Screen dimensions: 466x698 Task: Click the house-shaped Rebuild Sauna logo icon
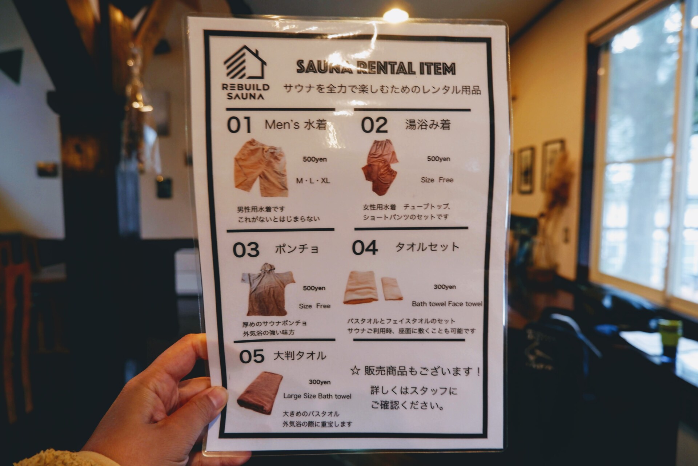click(x=244, y=63)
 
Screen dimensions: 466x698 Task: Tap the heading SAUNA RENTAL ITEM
click(x=376, y=68)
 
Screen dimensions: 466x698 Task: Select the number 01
click(x=239, y=125)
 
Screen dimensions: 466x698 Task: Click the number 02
click(x=374, y=125)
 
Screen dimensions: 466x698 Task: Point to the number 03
click(x=246, y=250)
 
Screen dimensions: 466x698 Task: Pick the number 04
click(x=365, y=248)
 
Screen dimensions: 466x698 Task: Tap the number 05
click(x=252, y=356)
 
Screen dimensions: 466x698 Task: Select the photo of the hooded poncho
click(x=268, y=289)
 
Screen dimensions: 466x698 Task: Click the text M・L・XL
click(x=313, y=181)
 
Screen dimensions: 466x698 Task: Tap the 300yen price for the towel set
click(x=444, y=287)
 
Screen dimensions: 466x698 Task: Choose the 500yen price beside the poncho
click(x=314, y=288)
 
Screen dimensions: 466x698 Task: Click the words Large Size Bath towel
click(x=317, y=396)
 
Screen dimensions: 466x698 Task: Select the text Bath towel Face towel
click(x=447, y=304)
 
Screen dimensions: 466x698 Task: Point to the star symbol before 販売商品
click(x=355, y=371)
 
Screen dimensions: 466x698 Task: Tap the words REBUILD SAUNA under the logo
click(x=246, y=92)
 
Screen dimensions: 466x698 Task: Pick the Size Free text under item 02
click(x=437, y=180)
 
